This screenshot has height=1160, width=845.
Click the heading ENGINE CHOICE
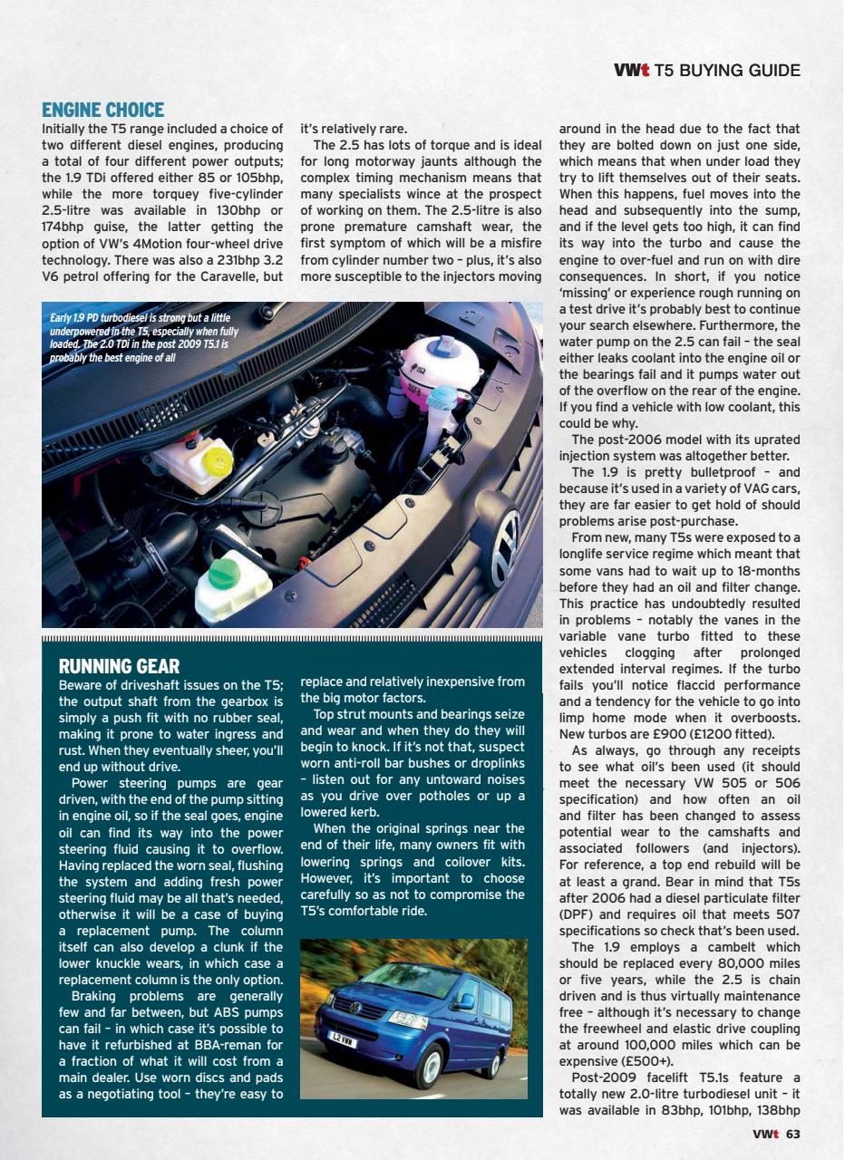tap(102, 111)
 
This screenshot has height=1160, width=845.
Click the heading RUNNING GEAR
tap(119, 666)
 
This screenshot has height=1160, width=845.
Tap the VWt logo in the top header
tap(631, 70)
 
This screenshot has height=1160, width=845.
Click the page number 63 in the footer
tap(792, 1134)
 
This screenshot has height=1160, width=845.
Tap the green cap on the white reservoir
tap(222, 573)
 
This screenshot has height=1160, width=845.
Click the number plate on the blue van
tap(344, 1042)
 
